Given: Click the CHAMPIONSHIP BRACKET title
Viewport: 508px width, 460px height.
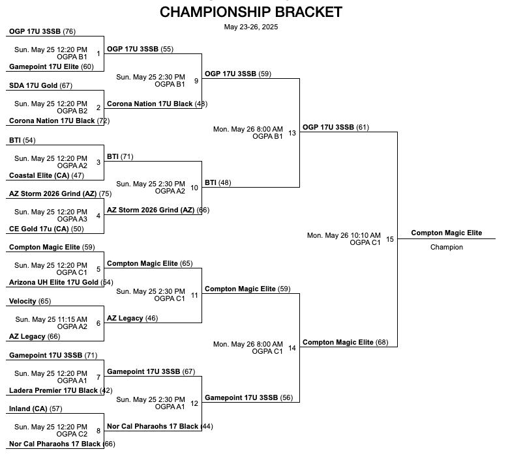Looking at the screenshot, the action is point(250,12).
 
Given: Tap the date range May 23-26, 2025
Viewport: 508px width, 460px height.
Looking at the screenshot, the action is point(250,27).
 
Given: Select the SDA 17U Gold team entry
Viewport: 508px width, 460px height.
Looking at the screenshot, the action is point(33,85).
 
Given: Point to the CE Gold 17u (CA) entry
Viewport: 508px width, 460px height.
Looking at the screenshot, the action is point(38,229).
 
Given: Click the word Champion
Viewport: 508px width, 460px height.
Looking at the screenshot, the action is point(447,247).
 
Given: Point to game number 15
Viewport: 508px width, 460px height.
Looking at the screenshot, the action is point(390,239).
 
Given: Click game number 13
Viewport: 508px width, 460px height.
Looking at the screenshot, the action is point(291,133).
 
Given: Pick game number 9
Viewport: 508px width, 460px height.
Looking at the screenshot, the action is point(196,81).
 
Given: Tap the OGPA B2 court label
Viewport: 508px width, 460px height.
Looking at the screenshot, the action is point(74,111).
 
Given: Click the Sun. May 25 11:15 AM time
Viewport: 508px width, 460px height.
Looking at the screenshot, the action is point(51,319).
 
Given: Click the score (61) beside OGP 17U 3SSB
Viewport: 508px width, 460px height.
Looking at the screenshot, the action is point(363,127).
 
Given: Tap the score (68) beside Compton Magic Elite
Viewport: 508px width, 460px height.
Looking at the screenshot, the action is point(382,342).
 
